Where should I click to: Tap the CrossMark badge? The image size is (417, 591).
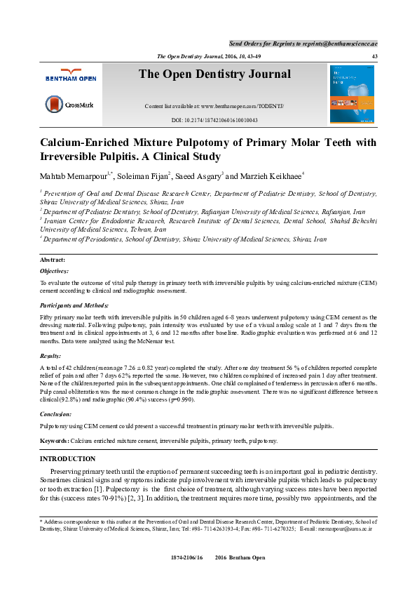(64, 104)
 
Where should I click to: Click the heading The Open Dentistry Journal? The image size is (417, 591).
(214, 74)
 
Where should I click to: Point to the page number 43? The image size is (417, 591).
(374, 56)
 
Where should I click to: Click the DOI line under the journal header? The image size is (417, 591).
(214, 121)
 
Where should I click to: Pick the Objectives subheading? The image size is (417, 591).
(54, 270)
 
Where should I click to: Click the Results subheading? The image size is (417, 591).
(50, 357)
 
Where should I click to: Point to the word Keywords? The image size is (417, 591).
(54, 441)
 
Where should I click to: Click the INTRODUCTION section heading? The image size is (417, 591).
(71, 458)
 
